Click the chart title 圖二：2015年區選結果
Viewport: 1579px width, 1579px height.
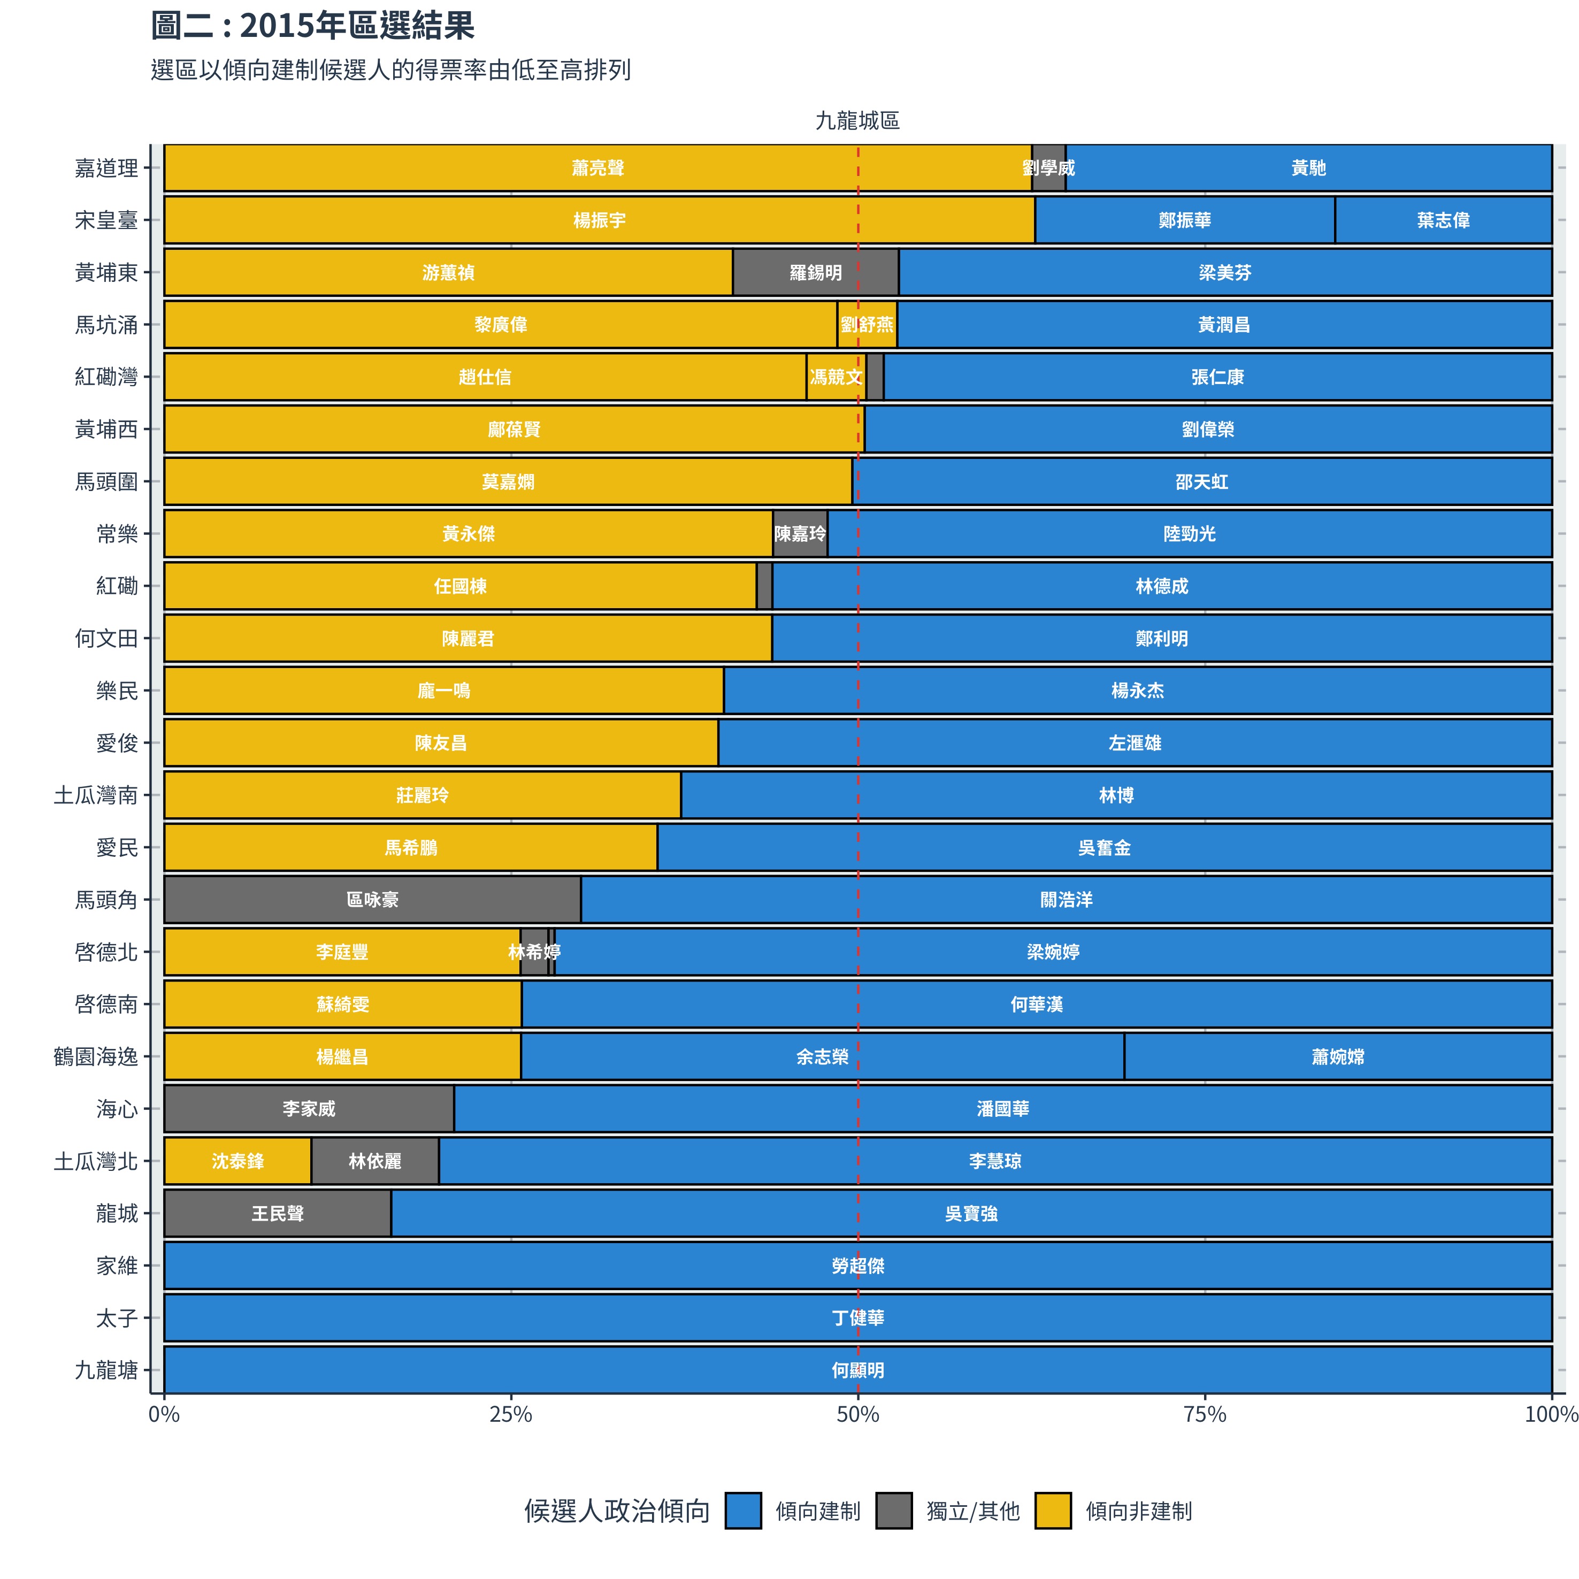coord(312,26)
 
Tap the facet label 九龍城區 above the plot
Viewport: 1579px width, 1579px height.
coord(857,121)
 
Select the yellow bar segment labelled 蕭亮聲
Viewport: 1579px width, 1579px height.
coord(597,168)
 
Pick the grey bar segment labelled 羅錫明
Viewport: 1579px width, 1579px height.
coord(816,272)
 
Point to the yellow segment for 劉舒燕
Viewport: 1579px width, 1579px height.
coord(867,325)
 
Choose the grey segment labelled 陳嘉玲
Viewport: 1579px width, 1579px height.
coord(800,534)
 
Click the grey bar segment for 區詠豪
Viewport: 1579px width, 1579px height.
coord(373,900)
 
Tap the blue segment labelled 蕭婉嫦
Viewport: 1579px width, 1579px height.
coord(1338,1057)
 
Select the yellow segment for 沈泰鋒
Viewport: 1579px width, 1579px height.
coord(238,1161)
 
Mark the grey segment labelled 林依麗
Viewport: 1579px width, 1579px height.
coord(375,1161)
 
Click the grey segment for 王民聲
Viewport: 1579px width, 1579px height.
coord(278,1214)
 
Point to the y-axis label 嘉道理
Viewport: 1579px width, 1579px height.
coord(106,168)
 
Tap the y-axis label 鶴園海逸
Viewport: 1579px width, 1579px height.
coord(96,1057)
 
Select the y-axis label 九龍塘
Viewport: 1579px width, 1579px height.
coord(106,1370)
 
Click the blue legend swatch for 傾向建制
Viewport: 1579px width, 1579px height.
coord(743,1511)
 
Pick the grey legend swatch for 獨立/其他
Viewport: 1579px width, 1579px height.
coord(894,1511)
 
